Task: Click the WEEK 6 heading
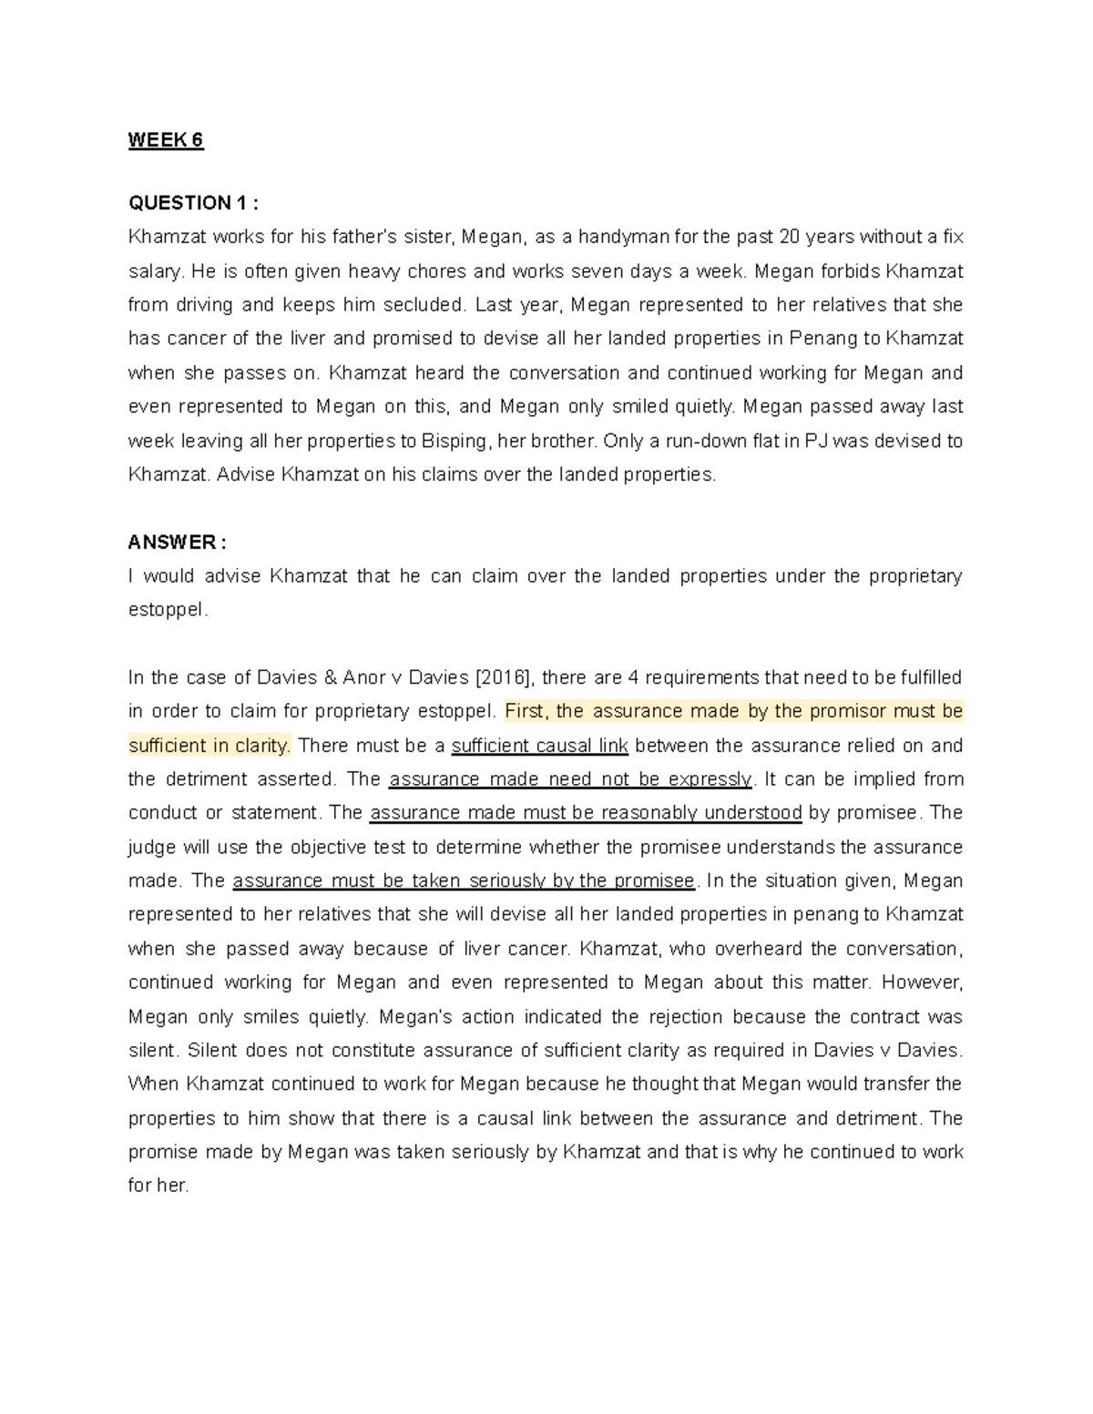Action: click(166, 140)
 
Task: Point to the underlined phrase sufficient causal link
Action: click(539, 747)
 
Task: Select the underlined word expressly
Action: click(710, 780)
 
